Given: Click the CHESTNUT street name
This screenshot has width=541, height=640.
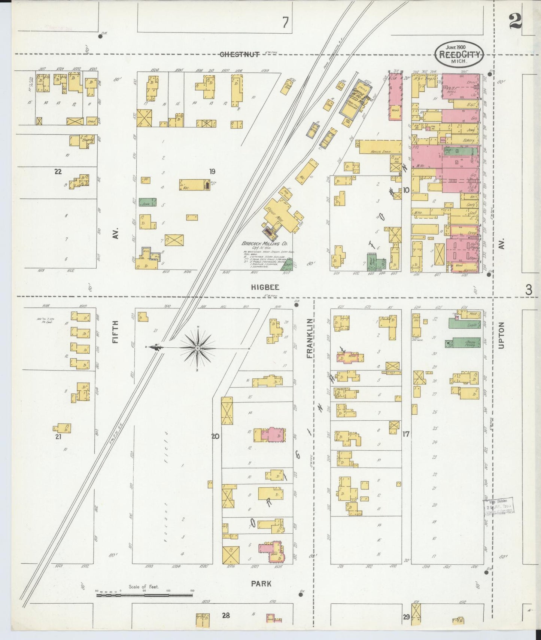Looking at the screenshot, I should [x=240, y=54].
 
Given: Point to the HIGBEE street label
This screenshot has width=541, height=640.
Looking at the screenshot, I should [x=261, y=287].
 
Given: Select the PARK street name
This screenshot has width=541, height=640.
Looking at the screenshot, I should [x=261, y=583].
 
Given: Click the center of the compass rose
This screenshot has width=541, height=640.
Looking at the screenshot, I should [x=197, y=348].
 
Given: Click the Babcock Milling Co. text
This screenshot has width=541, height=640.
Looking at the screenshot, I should [x=267, y=244].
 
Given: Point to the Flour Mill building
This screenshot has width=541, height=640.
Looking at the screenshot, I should [x=279, y=217].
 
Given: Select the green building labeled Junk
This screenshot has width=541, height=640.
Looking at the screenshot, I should [x=148, y=202].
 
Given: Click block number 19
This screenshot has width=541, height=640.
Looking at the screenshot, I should [x=212, y=172].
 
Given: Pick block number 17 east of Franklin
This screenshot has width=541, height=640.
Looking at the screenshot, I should [x=405, y=434].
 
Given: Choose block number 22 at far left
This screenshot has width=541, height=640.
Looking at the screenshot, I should [x=58, y=172].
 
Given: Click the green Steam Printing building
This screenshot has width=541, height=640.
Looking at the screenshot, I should [x=465, y=342].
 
